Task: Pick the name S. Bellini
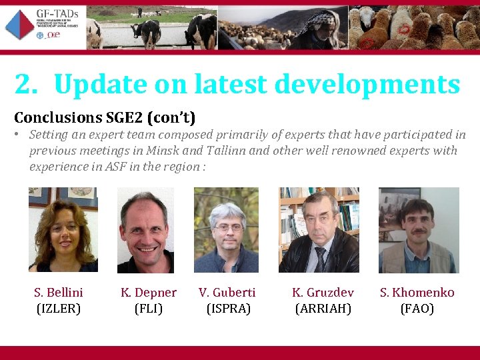pyautogui.click(x=59, y=293)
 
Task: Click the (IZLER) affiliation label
pyautogui.click(x=59, y=309)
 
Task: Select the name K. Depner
pyautogui.click(x=149, y=293)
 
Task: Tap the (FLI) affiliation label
pyautogui.click(x=149, y=309)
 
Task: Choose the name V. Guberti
pyautogui.click(x=227, y=293)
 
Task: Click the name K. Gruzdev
pyautogui.click(x=323, y=293)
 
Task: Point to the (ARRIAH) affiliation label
pyautogui.click(x=323, y=309)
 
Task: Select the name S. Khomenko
pyautogui.click(x=417, y=293)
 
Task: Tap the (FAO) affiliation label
pyautogui.click(x=417, y=309)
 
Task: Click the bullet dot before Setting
pyautogui.click(x=17, y=134)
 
